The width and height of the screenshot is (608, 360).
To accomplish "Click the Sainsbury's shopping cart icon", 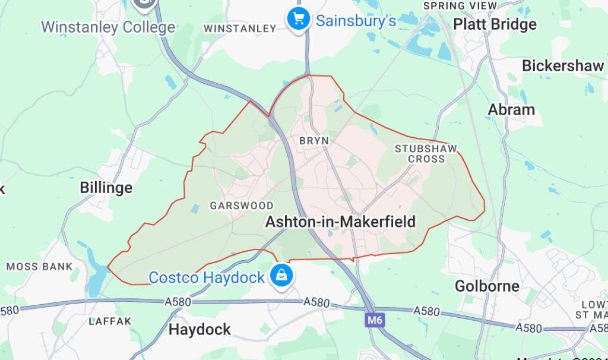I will coord(298,20).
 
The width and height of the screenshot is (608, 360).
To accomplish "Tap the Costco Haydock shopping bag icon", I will coord(279,276).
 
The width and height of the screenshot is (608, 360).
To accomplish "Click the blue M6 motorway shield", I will coord(372,321).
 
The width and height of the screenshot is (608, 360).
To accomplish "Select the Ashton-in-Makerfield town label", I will coord(340,222).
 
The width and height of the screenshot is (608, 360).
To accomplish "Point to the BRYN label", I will coord(314,141).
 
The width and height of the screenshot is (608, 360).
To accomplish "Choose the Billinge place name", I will coord(106,188).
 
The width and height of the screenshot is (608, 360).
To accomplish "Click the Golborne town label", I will coord(487,286).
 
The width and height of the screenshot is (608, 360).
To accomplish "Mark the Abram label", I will coord(511,110).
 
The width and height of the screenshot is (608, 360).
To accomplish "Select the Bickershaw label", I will coord(562,66).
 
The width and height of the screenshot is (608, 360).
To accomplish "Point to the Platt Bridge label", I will coord(495,24).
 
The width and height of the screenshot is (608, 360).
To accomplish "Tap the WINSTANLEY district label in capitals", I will coord(239,29).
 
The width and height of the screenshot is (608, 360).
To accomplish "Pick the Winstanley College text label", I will coord(108,27).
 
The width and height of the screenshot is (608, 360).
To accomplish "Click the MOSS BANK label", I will coord(39,267).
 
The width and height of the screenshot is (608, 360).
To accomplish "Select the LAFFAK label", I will coord(109,321).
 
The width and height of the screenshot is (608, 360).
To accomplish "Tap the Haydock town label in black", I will coord(199,330).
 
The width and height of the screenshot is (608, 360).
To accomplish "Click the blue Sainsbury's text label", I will coord(356,21).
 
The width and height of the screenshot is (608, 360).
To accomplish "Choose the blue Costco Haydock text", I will coord(206,277).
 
